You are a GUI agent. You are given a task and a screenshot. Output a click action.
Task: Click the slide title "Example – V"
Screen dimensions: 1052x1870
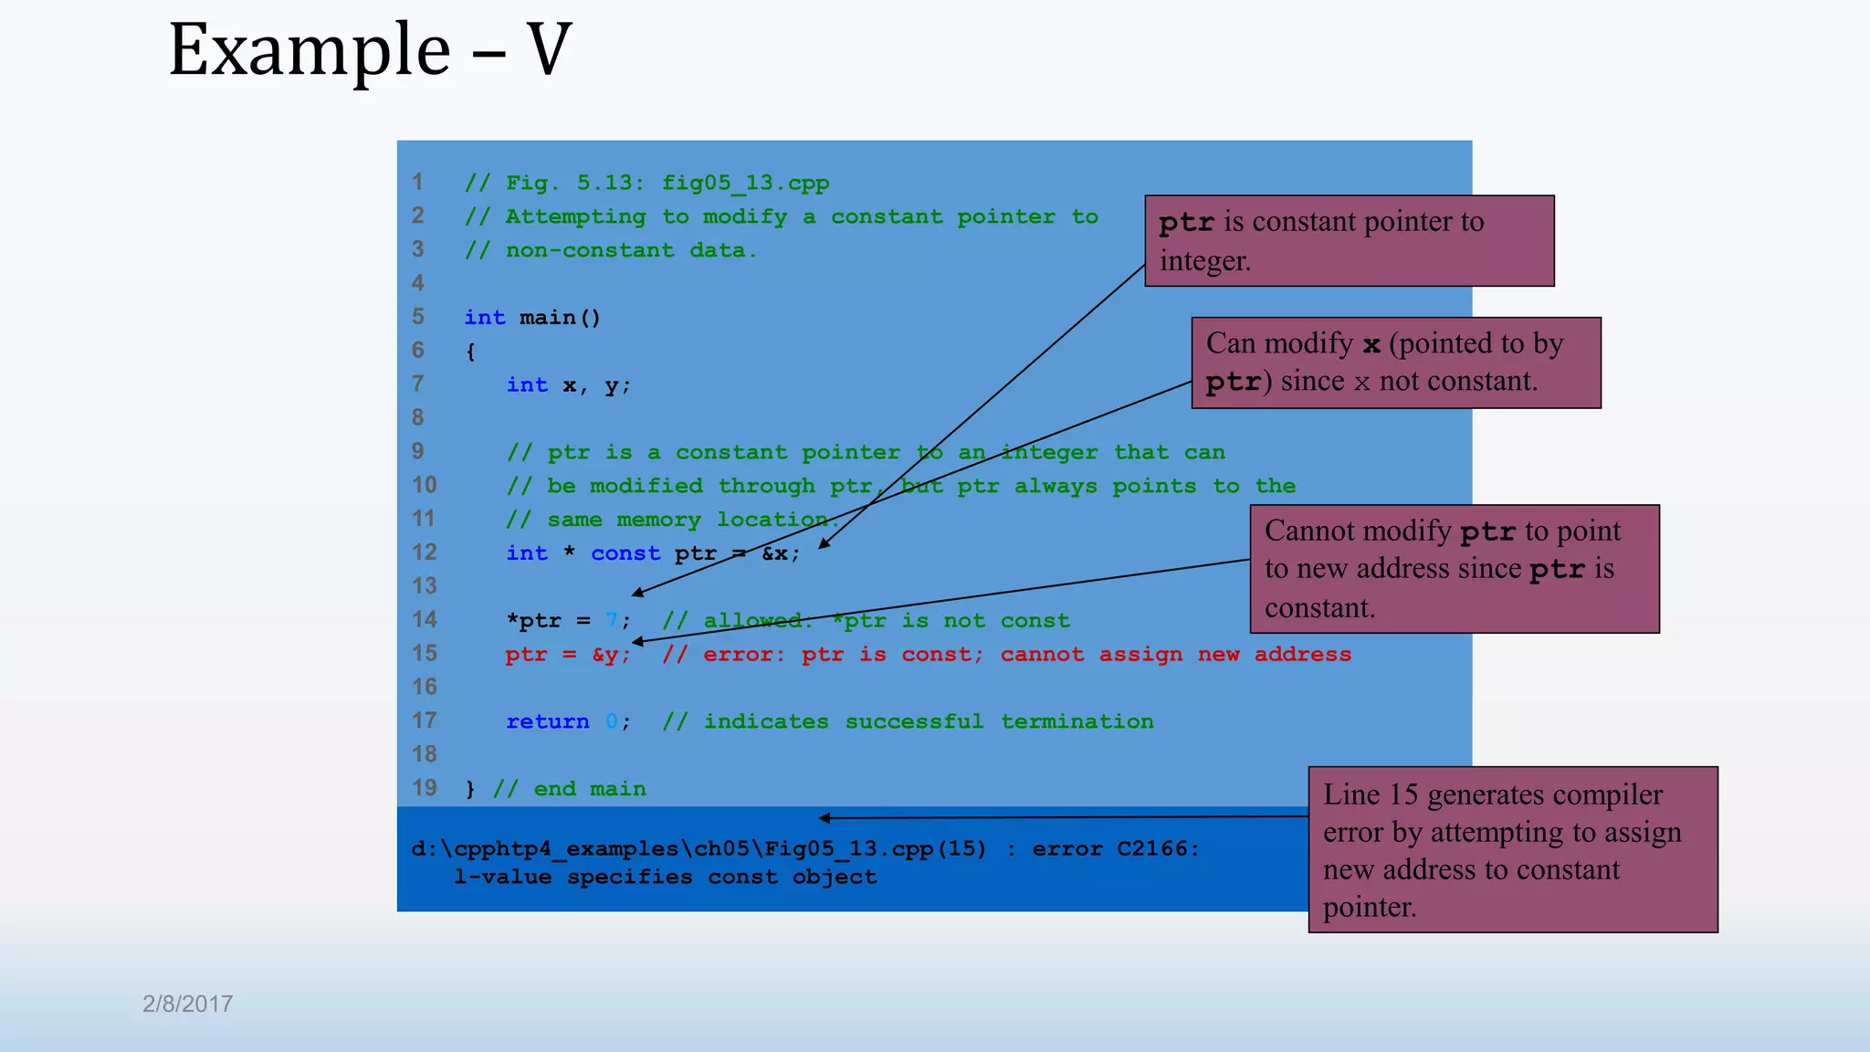(370, 50)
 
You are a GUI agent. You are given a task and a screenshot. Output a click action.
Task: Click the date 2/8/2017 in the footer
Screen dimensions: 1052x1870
(187, 1004)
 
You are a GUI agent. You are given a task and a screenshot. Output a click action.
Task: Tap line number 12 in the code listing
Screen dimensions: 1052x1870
(425, 552)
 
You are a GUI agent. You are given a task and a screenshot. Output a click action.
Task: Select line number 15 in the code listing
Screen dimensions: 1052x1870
(425, 654)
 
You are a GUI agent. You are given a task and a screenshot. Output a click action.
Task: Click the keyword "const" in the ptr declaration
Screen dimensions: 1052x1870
(625, 553)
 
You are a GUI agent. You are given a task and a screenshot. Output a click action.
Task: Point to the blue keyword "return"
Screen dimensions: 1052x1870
(548, 721)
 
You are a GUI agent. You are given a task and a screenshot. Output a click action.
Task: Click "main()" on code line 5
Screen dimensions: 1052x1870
(560, 318)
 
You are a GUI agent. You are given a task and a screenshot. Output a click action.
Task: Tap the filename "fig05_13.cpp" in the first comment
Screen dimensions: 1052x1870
(745, 183)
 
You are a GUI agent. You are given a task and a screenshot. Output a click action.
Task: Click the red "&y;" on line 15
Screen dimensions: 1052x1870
(611, 655)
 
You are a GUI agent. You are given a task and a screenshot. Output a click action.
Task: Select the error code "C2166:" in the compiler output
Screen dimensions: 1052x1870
(1158, 849)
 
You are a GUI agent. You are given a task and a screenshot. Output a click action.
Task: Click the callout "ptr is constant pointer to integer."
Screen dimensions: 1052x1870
(1349, 241)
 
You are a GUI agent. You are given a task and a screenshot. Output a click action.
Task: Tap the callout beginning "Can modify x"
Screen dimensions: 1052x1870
(1395, 363)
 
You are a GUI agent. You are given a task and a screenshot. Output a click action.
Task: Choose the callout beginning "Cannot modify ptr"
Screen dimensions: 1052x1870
(1454, 569)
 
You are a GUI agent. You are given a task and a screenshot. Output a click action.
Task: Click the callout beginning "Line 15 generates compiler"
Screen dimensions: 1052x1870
(1512, 849)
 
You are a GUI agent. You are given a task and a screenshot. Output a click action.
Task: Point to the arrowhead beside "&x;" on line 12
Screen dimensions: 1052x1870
(823, 545)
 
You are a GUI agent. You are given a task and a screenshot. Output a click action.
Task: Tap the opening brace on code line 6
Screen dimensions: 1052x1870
(470, 352)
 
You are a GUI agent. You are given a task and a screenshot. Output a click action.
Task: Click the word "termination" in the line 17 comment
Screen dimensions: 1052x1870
(1077, 721)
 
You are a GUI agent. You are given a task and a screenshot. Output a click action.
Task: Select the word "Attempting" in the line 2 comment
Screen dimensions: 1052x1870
(575, 217)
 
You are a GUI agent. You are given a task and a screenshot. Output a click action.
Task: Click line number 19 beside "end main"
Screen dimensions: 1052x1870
(425, 788)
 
